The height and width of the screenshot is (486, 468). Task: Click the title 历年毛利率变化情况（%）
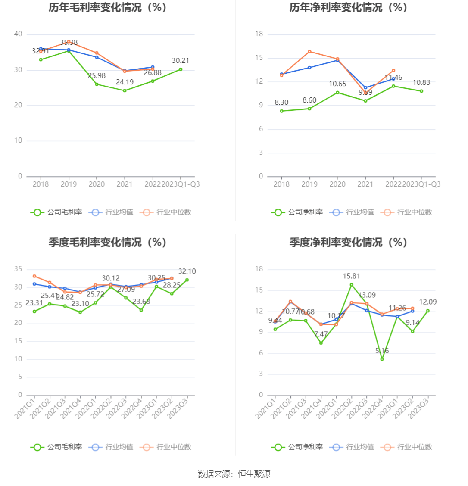[108, 8]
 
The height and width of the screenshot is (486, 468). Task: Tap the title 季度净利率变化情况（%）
[348, 243]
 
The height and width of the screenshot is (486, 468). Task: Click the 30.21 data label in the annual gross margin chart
[181, 61]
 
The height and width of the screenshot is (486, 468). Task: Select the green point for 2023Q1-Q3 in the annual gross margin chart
[181, 69]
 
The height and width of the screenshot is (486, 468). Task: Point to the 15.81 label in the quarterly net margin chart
[351, 276]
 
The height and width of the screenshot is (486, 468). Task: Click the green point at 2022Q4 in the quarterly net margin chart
[382, 359]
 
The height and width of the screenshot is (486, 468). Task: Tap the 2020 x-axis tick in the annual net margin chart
[337, 184]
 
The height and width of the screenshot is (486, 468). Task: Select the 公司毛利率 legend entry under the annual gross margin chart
[56, 212]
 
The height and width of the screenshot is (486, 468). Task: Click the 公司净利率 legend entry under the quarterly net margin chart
[297, 447]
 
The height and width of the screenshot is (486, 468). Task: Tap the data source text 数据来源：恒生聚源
[234, 474]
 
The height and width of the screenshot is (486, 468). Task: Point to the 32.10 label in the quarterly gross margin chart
[187, 271]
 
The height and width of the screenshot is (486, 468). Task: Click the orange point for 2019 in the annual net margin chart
[309, 52]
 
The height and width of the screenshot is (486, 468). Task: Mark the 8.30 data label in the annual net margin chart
[281, 103]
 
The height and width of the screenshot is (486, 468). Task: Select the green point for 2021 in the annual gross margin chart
[125, 90]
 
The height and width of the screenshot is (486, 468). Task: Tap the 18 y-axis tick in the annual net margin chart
[259, 34]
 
